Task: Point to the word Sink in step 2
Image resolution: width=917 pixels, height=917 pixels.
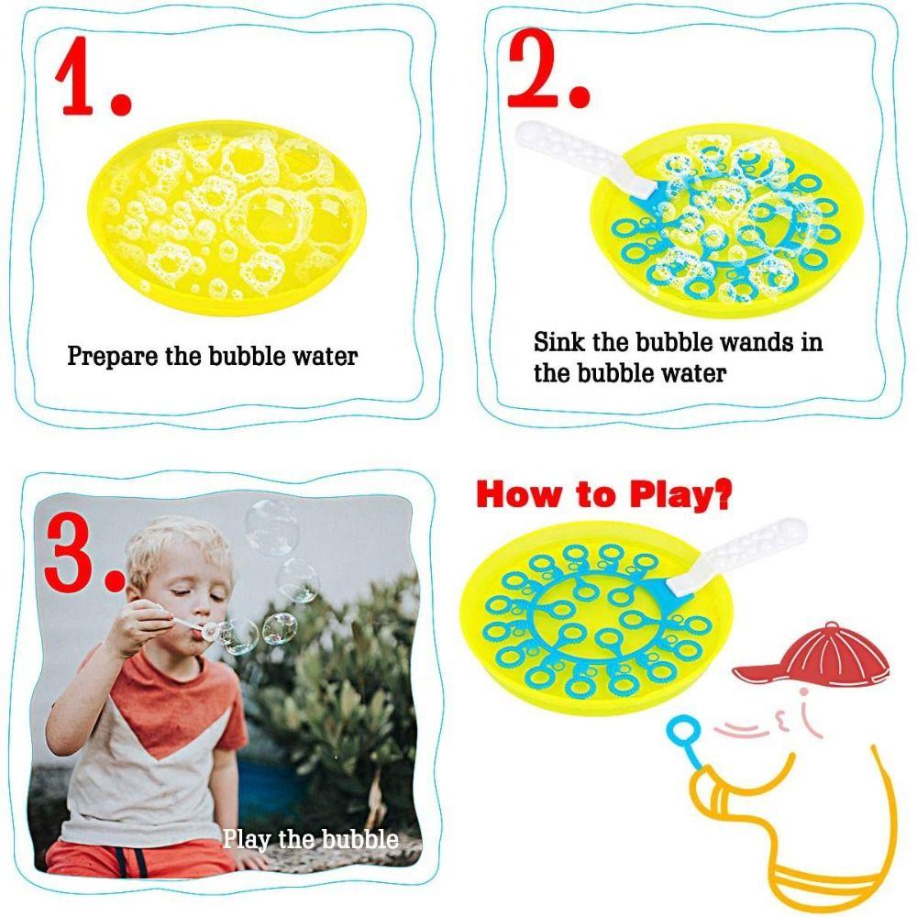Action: [558, 343]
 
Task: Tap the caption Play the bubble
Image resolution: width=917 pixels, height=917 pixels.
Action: [310, 838]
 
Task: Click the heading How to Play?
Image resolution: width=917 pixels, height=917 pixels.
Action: [604, 496]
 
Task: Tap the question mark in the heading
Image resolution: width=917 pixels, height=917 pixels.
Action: [722, 495]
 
